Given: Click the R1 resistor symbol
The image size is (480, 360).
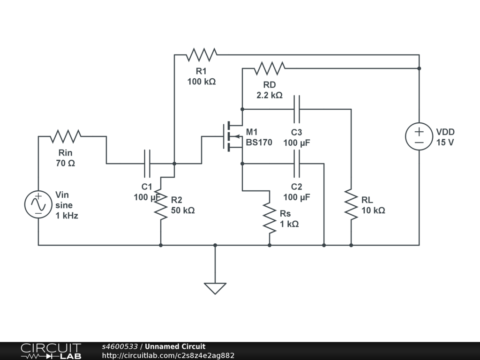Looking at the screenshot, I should (202, 55).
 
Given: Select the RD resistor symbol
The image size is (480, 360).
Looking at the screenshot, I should (270, 68).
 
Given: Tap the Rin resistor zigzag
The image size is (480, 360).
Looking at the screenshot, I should (66, 136).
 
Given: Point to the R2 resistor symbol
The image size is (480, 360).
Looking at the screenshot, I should (161, 204).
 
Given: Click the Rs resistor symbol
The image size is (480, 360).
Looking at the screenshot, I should (270, 218).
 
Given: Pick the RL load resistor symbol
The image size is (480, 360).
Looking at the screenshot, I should (351, 204).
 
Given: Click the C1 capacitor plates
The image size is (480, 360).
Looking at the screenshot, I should (147, 164).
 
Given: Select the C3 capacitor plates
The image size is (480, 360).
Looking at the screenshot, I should (297, 109).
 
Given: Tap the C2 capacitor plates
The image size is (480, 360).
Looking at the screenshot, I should (297, 164).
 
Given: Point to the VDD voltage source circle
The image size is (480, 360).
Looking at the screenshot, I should (419, 136).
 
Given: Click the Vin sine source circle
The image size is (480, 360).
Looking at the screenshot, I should (38, 204).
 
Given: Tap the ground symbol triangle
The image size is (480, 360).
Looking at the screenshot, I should (215, 287).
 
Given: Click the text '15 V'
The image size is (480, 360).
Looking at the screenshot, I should (445, 142).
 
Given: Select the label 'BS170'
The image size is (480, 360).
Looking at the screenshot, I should (259, 142).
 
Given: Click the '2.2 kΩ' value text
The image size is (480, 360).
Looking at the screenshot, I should (270, 95).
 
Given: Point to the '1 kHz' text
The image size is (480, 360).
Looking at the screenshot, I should (67, 216).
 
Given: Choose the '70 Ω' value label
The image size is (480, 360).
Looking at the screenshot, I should (66, 164).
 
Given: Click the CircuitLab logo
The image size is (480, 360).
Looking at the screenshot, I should (51, 351).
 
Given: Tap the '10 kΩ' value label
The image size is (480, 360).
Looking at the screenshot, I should (373, 210).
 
